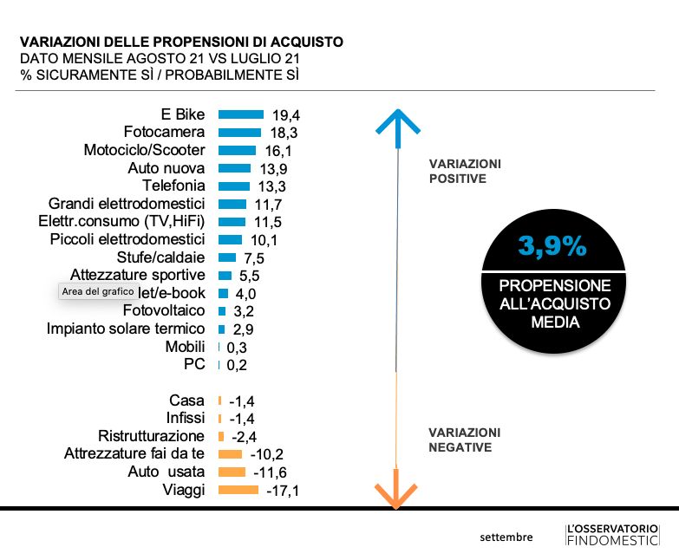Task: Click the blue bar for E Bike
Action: pos(240,114)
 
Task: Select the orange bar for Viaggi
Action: pos(238,490)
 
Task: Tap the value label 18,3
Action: pos(283,133)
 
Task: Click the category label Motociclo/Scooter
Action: pos(144,150)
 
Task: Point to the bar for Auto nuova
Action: pos(235,168)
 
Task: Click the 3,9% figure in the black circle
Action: pos(552,247)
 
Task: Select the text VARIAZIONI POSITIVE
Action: pos(465,172)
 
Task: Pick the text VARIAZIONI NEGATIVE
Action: pos(465,440)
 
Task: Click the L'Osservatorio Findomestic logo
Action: pos(611,535)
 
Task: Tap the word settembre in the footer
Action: pos(506,537)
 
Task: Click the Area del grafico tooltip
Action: pos(98,292)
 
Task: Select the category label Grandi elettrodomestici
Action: pos(121,204)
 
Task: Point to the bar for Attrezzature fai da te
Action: pos(231,454)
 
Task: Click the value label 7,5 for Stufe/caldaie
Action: pos(252,258)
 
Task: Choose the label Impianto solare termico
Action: pos(126,329)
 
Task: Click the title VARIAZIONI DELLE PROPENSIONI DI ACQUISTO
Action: pos(181,42)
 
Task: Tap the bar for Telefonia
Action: pos(233,186)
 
